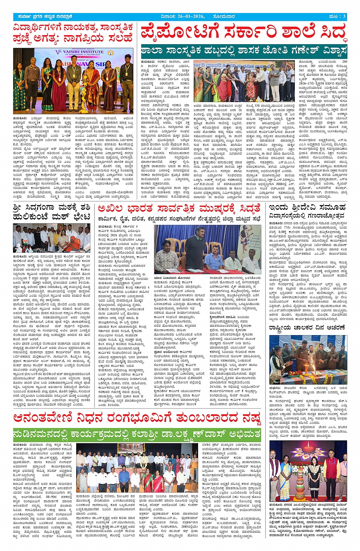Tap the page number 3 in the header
(x=344, y=16)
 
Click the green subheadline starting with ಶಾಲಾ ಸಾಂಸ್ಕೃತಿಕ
(x=244, y=51)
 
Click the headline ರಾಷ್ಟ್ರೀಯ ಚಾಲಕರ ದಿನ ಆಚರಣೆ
(x=307, y=327)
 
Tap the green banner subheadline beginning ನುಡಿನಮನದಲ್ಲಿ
(x=137, y=434)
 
